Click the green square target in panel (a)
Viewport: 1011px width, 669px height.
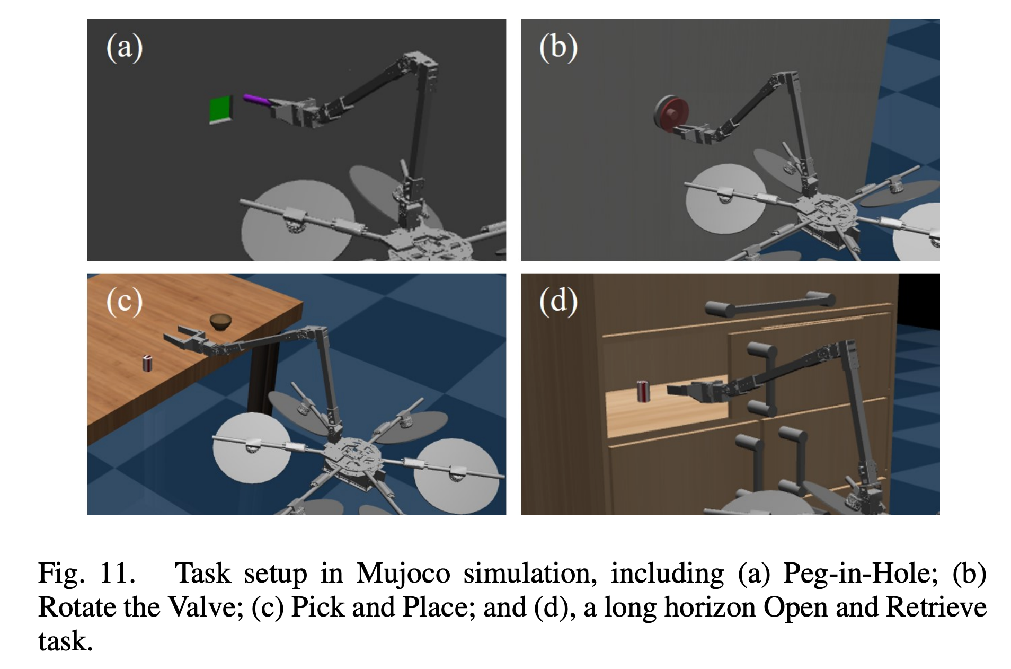pos(220,110)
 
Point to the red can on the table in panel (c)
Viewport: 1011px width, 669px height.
pos(147,364)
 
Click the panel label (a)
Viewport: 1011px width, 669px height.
pos(125,48)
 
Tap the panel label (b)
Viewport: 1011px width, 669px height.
pos(558,48)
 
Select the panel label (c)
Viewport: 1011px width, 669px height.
pos(125,302)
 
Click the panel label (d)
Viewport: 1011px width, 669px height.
pos(558,302)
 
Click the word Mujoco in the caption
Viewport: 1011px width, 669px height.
pos(403,574)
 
